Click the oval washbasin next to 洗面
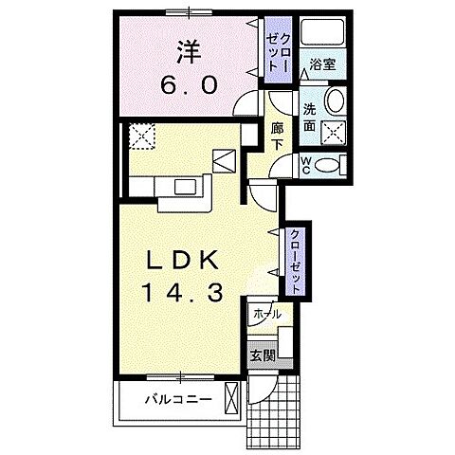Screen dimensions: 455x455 click(335, 101)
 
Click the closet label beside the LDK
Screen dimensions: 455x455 click(298, 255)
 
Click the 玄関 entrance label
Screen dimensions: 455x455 click(262, 357)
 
